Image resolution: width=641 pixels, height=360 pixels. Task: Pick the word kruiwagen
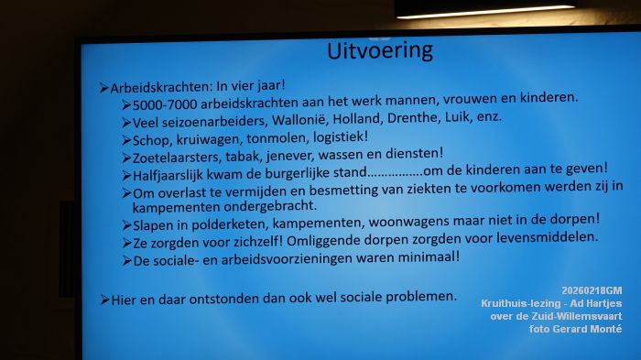(x=207, y=138)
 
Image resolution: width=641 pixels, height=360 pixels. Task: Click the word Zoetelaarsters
(x=177, y=157)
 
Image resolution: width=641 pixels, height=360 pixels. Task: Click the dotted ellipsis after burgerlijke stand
(x=395, y=171)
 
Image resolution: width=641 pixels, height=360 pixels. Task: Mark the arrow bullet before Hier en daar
(x=104, y=300)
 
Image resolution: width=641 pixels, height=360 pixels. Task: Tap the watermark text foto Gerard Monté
(x=575, y=328)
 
